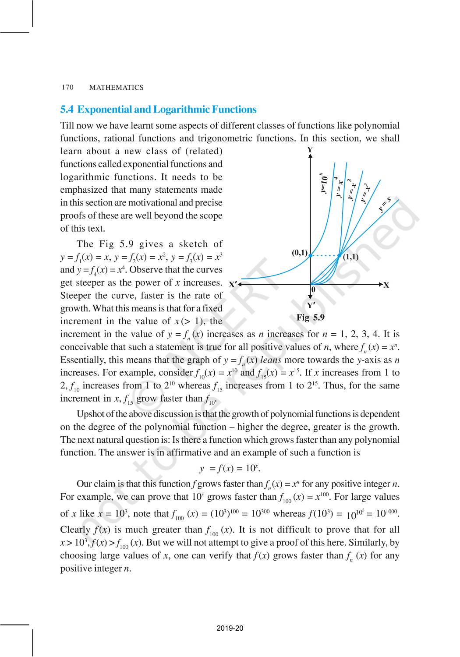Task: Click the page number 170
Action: coord(67,87)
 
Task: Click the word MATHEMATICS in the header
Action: coord(116,88)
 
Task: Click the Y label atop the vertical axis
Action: coord(310,150)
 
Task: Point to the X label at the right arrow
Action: coord(386,285)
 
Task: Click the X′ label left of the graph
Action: coord(233,284)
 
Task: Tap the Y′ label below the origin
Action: coord(311,305)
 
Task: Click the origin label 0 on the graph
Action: coord(313,290)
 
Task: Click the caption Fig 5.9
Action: coord(311,318)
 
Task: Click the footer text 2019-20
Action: coord(230,629)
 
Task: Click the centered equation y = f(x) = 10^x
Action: coord(230,468)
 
